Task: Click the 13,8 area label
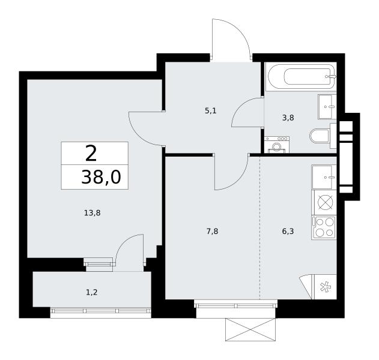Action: [92, 213]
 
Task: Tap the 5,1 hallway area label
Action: [211, 111]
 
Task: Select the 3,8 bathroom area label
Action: [288, 118]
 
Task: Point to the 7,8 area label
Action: [212, 232]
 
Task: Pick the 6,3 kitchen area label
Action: [288, 232]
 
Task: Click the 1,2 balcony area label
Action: [92, 292]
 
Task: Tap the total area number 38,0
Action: [101, 177]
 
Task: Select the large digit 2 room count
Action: [91, 154]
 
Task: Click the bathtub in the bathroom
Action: [301, 76]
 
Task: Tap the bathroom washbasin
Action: [327, 107]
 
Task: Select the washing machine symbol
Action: [277, 145]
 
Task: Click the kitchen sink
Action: [324, 177]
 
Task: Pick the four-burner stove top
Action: [324, 227]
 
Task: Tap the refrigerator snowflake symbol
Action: [326, 287]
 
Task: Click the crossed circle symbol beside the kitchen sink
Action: [326, 202]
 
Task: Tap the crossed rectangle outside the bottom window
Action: [250, 329]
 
